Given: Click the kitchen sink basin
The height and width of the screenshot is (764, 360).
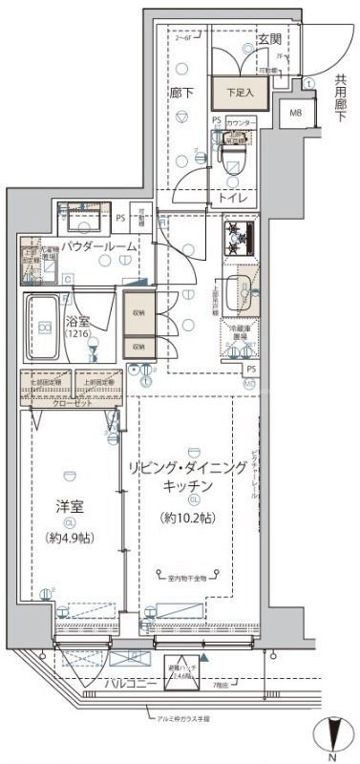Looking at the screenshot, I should click(x=244, y=289).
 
